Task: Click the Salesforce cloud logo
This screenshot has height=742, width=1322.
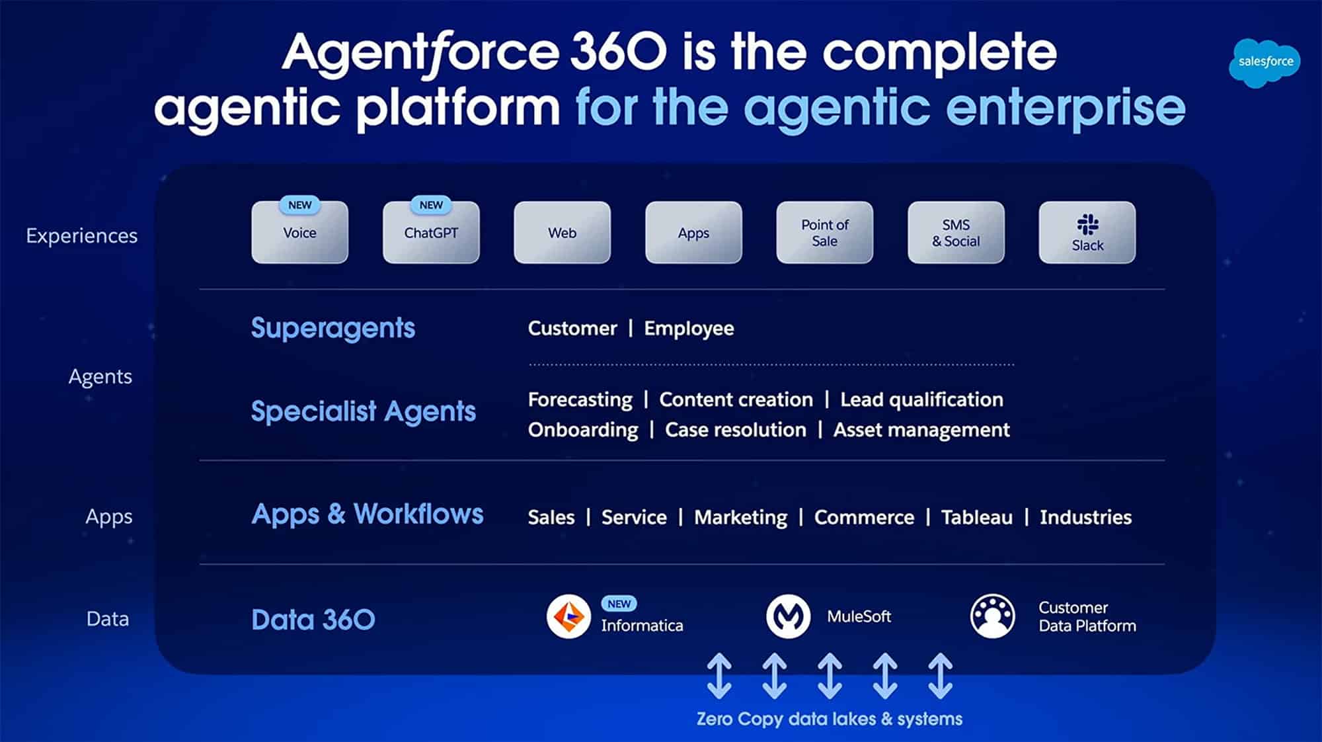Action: click(1264, 62)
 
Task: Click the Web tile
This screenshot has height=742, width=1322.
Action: click(562, 233)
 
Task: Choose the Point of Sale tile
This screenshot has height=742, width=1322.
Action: click(824, 233)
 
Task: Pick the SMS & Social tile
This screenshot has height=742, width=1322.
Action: click(956, 233)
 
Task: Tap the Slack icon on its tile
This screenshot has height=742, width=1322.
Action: click(1087, 224)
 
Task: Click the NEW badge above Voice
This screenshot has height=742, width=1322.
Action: click(299, 205)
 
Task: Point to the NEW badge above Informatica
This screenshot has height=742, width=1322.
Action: click(619, 604)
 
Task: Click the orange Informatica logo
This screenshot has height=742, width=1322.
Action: click(568, 616)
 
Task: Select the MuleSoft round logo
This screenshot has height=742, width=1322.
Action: click(788, 616)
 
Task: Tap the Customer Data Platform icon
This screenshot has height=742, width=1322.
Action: click(992, 616)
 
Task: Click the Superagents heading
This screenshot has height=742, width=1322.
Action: click(333, 328)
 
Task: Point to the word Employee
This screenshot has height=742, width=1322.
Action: click(689, 329)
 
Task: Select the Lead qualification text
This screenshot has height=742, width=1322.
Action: click(921, 399)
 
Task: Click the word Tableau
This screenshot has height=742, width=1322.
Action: click(976, 517)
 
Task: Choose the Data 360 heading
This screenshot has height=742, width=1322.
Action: click(313, 620)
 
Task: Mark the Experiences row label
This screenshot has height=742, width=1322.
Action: click(82, 236)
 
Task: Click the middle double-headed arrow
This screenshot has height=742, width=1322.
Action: click(830, 676)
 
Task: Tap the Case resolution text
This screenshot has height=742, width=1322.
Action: click(735, 430)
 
